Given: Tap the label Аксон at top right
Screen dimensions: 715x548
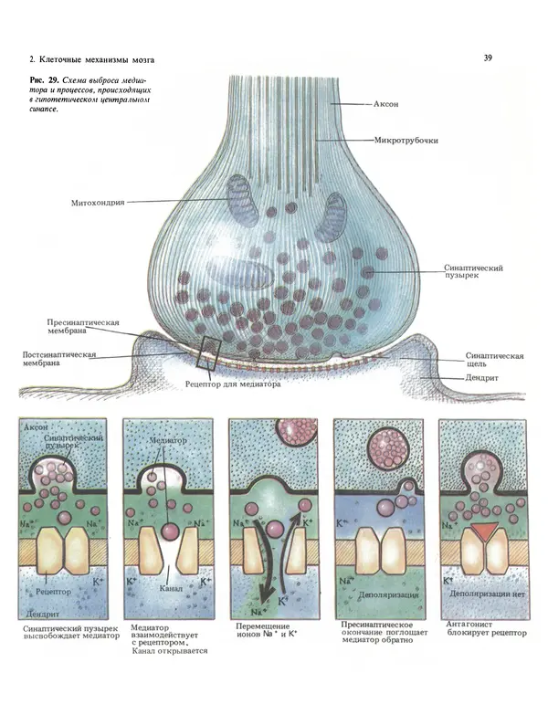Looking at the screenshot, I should coord(390,105).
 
